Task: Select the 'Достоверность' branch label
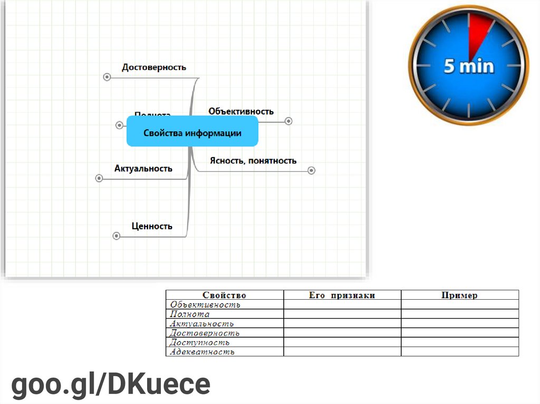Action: pyautogui.click(x=154, y=67)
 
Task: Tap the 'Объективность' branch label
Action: pyautogui.click(x=241, y=111)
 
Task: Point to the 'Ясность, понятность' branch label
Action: pyautogui.click(x=253, y=161)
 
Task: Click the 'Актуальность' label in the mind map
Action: pyautogui.click(x=143, y=169)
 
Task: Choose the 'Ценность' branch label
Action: pyautogui.click(x=152, y=226)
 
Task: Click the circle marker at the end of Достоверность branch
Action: pyautogui.click(x=107, y=77)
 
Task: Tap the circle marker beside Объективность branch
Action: pyautogui.click(x=288, y=121)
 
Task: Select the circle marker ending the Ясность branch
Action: pyautogui.click(x=311, y=171)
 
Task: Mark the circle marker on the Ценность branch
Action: pyautogui.click(x=117, y=236)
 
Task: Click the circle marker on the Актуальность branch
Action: pyautogui.click(x=99, y=178)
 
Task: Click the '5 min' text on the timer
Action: pyautogui.click(x=469, y=66)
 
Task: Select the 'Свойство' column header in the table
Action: pyautogui.click(x=224, y=295)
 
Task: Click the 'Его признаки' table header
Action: pyautogui.click(x=342, y=295)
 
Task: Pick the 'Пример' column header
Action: pyautogui.click(x=459, y=295)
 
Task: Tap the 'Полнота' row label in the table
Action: pyautogui.click(x=190, y=314)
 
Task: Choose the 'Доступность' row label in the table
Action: pyautogui.click(x=200, y=343)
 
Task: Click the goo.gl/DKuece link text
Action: pyautogui.click(x=111, y=385)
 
